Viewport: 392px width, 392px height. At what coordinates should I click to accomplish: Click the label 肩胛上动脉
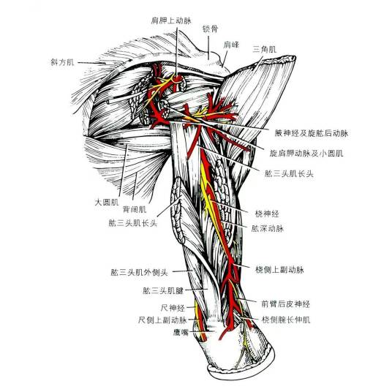171,20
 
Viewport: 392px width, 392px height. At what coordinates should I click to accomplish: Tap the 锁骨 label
210,29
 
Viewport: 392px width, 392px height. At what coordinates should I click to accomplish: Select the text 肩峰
231,45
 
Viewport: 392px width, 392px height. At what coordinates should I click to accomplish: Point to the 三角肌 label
265,49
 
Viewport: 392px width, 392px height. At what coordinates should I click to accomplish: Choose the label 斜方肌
62,61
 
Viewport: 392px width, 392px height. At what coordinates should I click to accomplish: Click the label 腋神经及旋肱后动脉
312,133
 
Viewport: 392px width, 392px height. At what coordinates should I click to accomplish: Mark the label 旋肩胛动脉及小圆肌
306,153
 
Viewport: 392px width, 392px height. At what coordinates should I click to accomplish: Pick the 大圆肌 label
107,202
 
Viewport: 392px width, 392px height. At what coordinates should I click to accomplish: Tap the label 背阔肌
135,209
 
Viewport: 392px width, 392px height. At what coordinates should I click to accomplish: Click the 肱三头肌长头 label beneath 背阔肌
133,223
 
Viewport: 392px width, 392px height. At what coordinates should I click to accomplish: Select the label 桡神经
267,214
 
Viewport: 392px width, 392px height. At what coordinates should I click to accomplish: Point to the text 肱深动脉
268,228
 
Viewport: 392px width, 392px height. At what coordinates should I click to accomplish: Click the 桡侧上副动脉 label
279,270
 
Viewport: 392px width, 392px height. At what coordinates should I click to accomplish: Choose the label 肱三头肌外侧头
139,272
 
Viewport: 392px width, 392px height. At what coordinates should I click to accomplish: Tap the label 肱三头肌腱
163,290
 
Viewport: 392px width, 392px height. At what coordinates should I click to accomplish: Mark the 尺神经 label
173,308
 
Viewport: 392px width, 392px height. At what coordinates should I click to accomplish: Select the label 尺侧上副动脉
162,320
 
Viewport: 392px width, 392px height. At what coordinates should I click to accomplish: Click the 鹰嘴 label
181,332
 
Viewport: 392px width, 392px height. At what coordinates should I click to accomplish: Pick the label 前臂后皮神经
285,304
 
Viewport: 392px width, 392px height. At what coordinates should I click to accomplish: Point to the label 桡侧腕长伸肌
286,320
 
